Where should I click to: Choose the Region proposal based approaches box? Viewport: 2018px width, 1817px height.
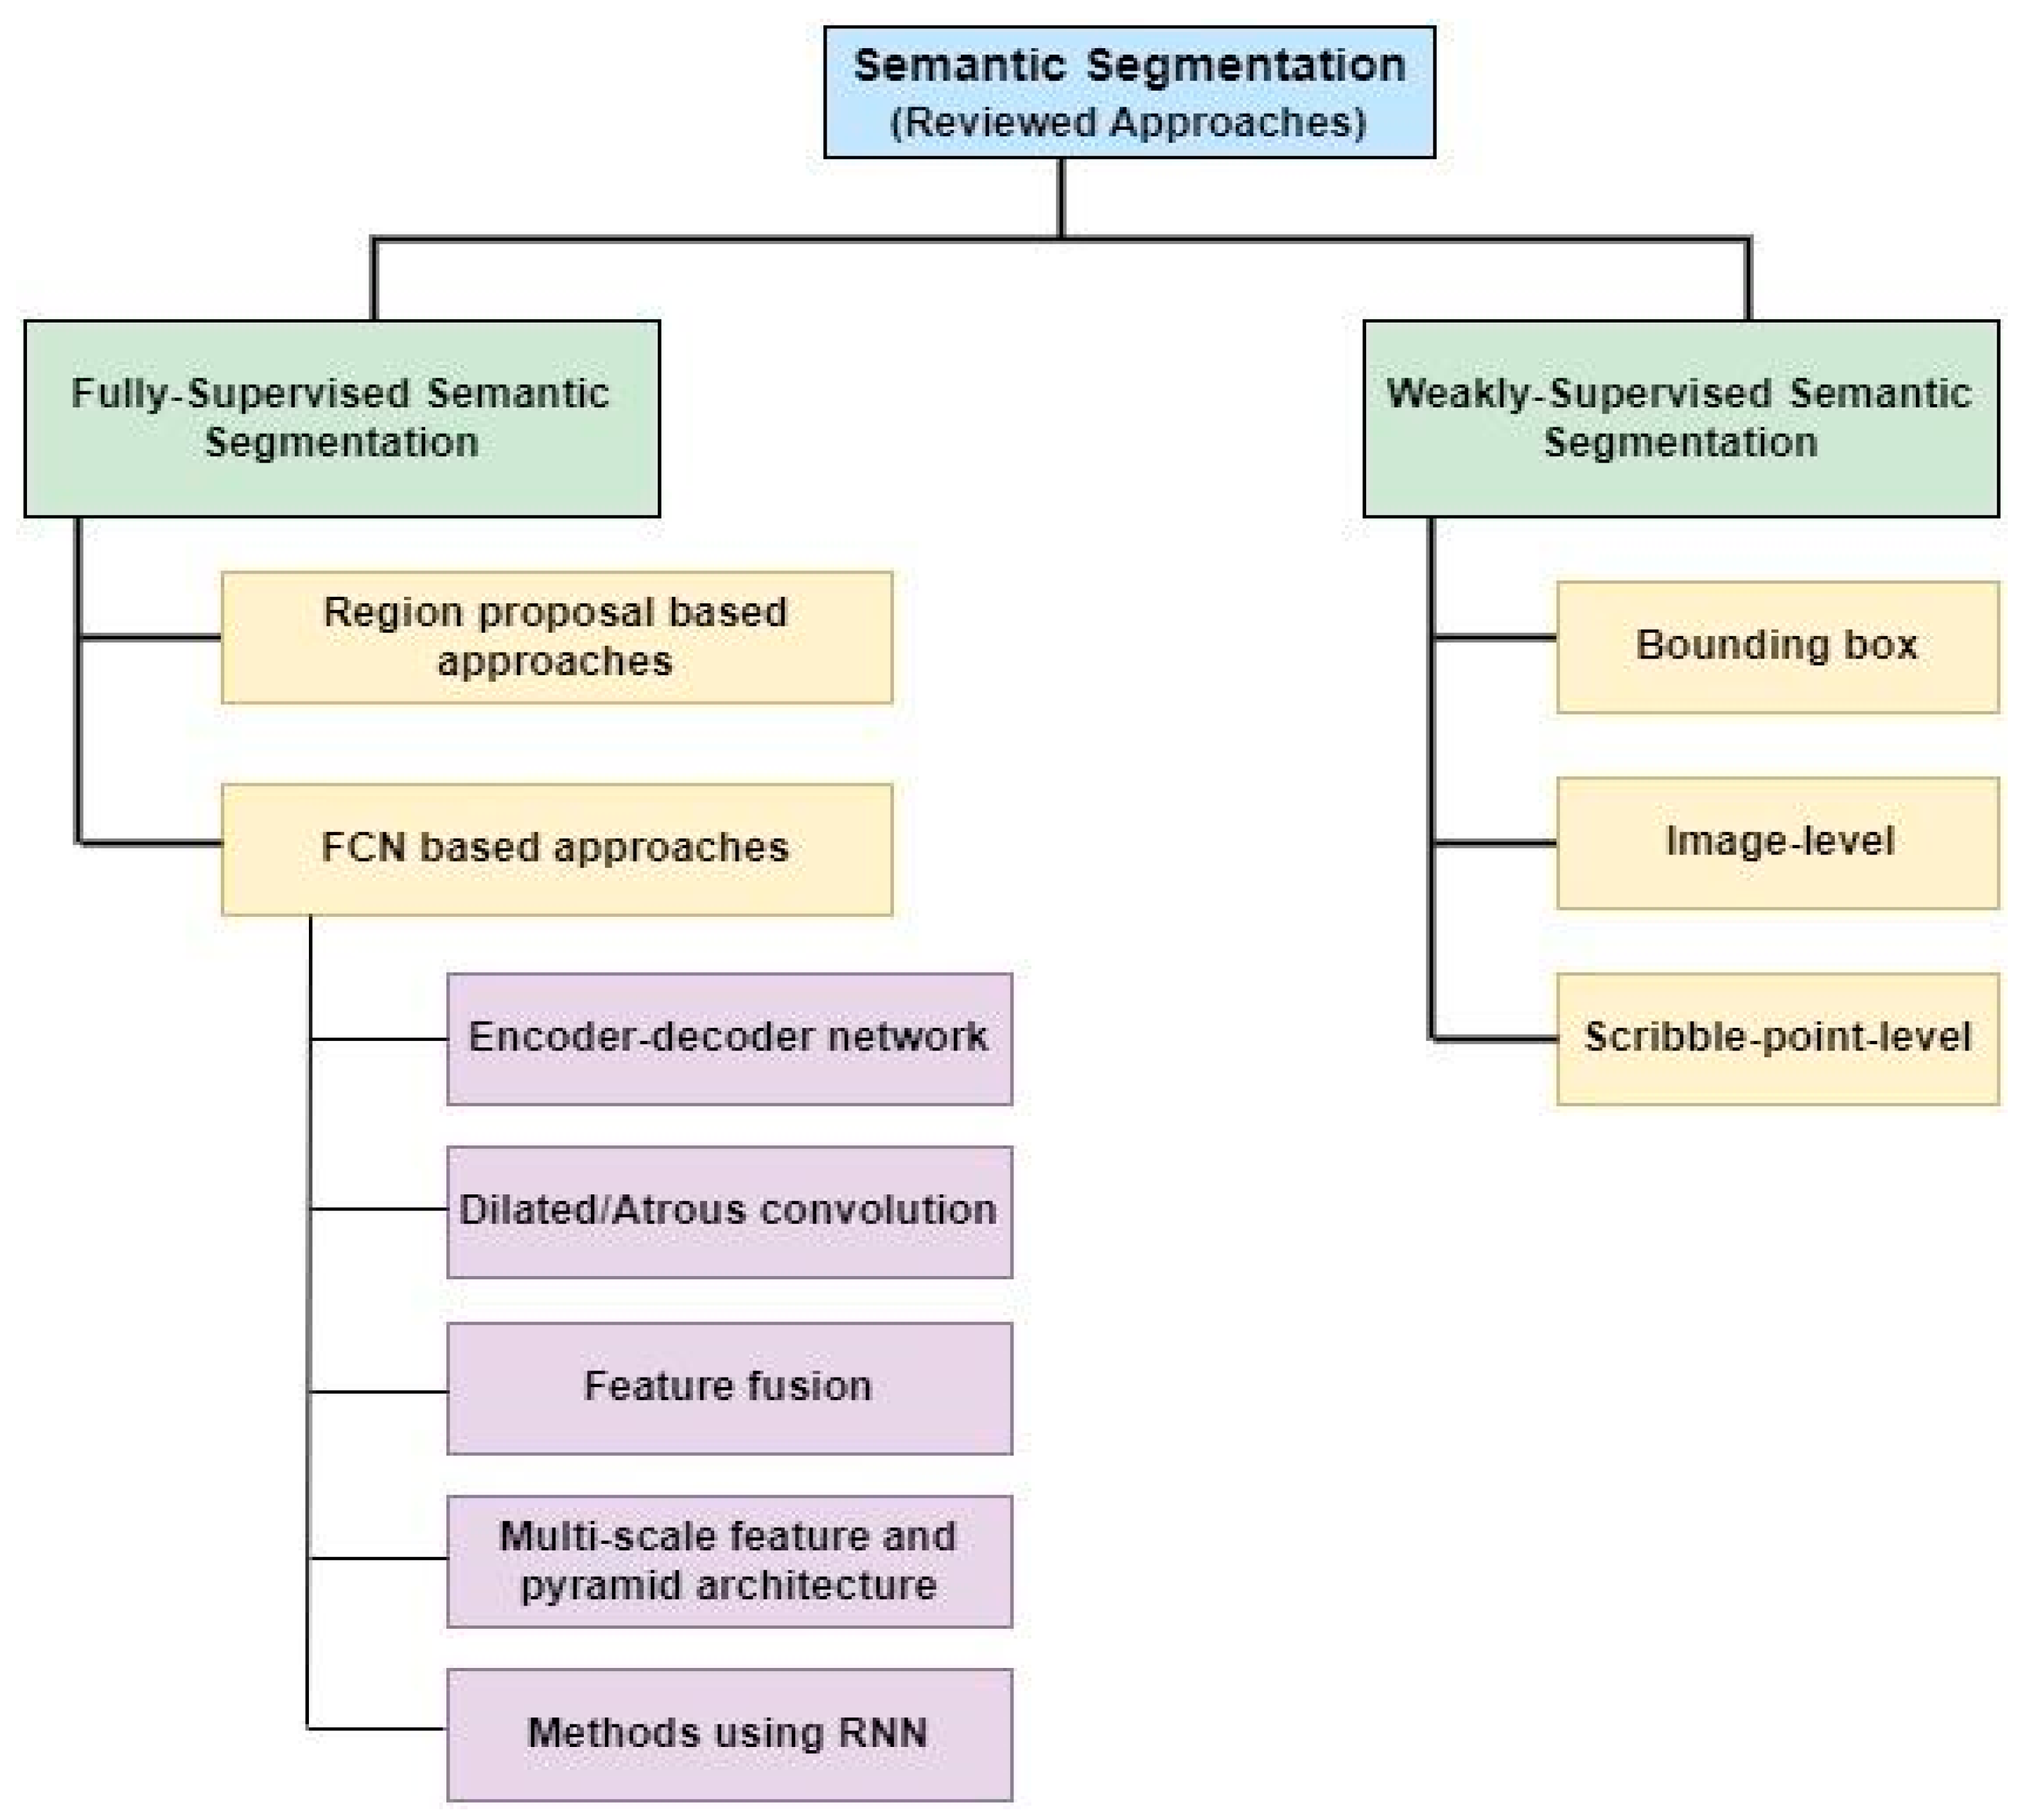556,637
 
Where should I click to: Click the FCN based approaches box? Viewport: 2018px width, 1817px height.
556,849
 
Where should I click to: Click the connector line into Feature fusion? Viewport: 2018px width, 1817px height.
379,1391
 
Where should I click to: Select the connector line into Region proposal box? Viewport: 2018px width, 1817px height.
150,636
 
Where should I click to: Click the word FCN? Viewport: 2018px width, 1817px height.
364,847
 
